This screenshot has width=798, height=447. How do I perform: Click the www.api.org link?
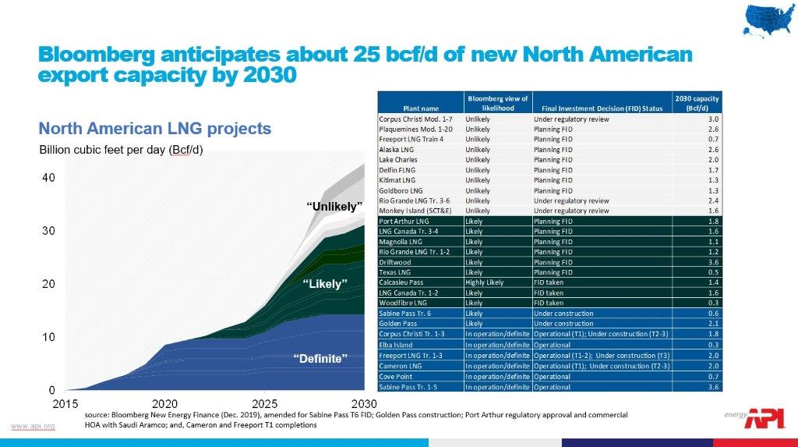click(33, 425)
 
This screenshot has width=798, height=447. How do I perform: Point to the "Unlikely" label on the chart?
click(334, 207)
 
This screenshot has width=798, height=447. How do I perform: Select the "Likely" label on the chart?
click(323, 284)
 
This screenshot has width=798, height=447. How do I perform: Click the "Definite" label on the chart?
click(320, 358)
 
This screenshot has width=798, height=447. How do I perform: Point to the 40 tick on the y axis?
click(48, 178)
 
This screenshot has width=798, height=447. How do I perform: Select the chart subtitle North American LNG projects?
click(155, 128)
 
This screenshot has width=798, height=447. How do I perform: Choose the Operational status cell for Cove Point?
click(553, 377)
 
